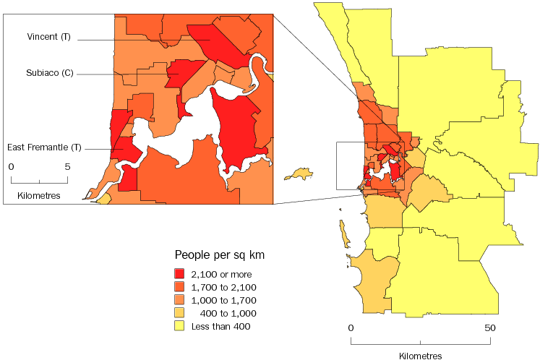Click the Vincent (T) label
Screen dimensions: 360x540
(48, 37)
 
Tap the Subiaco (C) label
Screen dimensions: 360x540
(48, 73)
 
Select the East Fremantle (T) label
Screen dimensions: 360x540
(44, 147)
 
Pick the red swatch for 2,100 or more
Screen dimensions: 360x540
(179, 274)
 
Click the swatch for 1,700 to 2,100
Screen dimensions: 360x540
(179, 287)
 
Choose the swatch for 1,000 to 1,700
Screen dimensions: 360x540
(179, 300)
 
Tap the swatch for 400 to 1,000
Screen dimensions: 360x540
(179, 313)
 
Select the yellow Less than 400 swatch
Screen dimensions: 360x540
(179, 326)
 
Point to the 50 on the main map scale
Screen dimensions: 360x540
(490, 328)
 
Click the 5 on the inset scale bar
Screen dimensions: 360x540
(67, 166)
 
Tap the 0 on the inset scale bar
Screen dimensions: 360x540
(12, 166)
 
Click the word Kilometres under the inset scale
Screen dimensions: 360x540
(39, 195)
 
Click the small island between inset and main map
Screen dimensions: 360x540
(299, 174)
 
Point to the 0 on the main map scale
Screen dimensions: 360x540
(351, 328)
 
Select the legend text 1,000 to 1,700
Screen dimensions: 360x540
(223, 300)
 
